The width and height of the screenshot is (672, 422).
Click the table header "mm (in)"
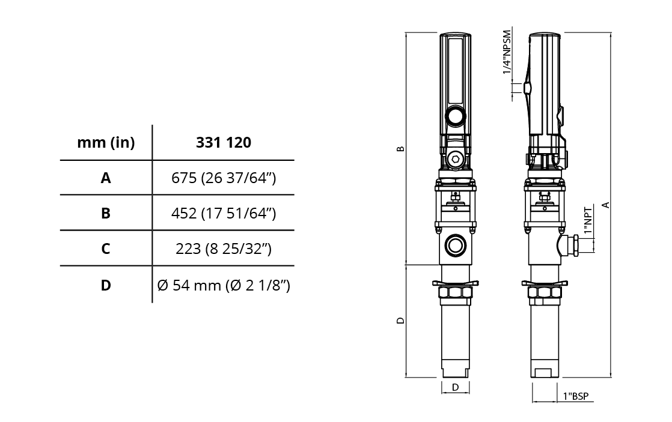pos(106,142)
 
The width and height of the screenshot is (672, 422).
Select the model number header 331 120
pos(223,142)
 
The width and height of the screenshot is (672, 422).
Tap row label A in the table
pos(106,178)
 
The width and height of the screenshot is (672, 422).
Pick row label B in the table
pos(106,213)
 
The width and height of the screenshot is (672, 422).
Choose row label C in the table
pos(106,249)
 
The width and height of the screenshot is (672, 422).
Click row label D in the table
pos(106,285)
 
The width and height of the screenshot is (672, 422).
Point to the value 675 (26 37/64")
pos(223,178)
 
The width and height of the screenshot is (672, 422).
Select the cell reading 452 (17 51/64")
pos(223,213)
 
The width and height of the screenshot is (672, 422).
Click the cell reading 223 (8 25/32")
pos(223,249)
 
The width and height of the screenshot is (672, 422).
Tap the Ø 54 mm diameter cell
pos(223,285)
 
